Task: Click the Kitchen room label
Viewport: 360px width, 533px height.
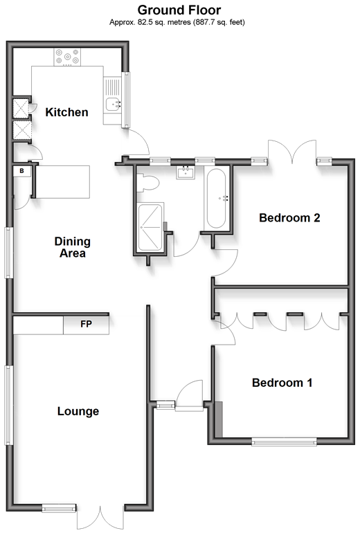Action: pyautogui.click(x=67, y=112)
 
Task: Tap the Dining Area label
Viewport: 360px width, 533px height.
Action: pyautogui.click(x=73, y=247)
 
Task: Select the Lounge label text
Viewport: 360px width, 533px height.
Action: pyautogui.click(x=78, y=411)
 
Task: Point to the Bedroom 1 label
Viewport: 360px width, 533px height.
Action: pyautogui.click(x=282, y=383)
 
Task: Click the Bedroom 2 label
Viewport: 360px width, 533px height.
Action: pyautogui.click(x=289, y=217)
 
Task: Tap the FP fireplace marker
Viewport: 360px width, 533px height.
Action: pyautogui.click(x=86, y=324)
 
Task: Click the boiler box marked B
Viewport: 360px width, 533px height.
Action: pyautogui.click(x=21, y=171)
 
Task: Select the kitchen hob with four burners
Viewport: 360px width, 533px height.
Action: pyautogui.click(x=67, y=57)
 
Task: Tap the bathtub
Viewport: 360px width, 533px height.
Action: pyautogui.click(x=216, y=199)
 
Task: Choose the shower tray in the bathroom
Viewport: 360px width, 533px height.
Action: pyautogui.click(x=150, y=227)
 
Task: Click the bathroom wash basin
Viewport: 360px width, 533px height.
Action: pyautogui.click(x=186, y=172)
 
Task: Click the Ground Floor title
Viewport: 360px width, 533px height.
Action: pyautogui.click(x=179, y=10)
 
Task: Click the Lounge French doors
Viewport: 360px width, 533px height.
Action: pyautogui.click(x=100, y=518)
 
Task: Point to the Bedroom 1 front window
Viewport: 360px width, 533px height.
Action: pyautogui.click(x=285, y=442)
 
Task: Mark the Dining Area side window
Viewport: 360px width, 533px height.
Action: pyautogui.click(x=9, y=253)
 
